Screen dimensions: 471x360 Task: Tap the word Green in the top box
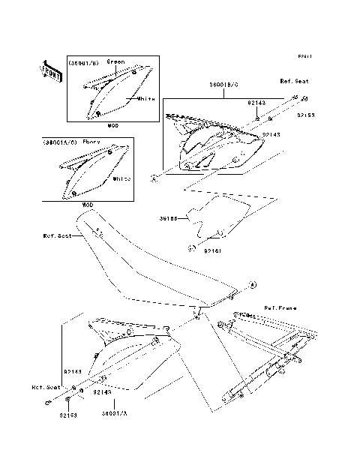(x=115, y=61)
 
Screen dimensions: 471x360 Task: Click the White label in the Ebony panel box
(x=122, y=179)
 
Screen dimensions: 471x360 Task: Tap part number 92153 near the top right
(x=306, y=115)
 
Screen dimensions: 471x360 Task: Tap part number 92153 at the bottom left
(x=70, y=414)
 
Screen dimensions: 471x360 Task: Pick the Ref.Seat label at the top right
(x=295, y=80)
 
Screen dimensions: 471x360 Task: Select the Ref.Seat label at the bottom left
(x=46, y=388)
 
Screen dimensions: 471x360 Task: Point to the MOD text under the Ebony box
(x=88, y=204)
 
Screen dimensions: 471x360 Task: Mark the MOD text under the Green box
(x=112, y=125)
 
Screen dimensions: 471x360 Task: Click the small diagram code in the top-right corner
(x=304, y=56)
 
